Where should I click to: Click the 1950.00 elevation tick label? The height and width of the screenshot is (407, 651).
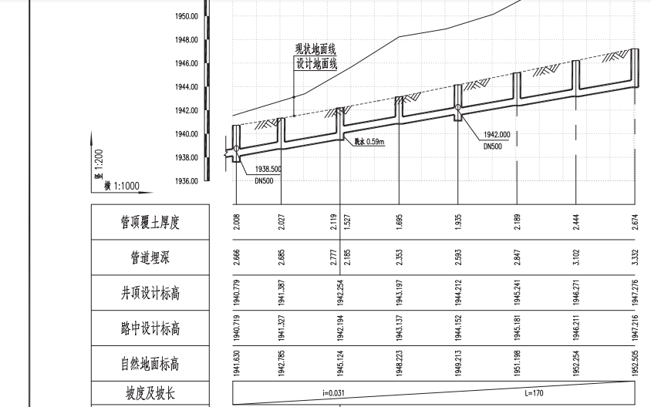click(x=187, y=15)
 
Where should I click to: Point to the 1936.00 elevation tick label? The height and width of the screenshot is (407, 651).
click(x=187, y=181)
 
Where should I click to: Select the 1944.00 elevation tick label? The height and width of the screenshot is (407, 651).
click(x=187, y=87)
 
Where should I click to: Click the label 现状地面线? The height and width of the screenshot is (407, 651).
click(x=316, y=50)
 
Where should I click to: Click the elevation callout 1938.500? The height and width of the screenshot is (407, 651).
click(x=268, y=169)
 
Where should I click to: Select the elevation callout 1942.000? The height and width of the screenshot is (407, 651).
click(x=497, y=136)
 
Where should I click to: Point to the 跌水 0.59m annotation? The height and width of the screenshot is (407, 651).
click(x=369, y=142)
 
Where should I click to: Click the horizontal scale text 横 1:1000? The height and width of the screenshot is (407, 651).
click(x=116, y=186)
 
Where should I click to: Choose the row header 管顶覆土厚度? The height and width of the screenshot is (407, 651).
click(x=150, y=223)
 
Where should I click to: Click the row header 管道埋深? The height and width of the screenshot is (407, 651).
click(x=150, y=258)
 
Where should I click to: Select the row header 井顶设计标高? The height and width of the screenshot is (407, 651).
click(x=150, y=294)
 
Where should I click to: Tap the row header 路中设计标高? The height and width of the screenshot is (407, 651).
click(x=150, y=329)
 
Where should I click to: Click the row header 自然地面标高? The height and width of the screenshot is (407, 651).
click(x=150, y=364)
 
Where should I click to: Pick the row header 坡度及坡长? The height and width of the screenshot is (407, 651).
click(x=150, y=393)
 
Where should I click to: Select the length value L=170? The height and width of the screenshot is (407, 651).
click(x=534, y=393)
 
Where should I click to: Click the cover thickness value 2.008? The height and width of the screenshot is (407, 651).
click(x=237, y=223)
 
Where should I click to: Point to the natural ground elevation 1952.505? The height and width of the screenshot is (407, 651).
click(x=635, y=364)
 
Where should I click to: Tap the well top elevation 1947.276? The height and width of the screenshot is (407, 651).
click(x=635, y=294)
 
